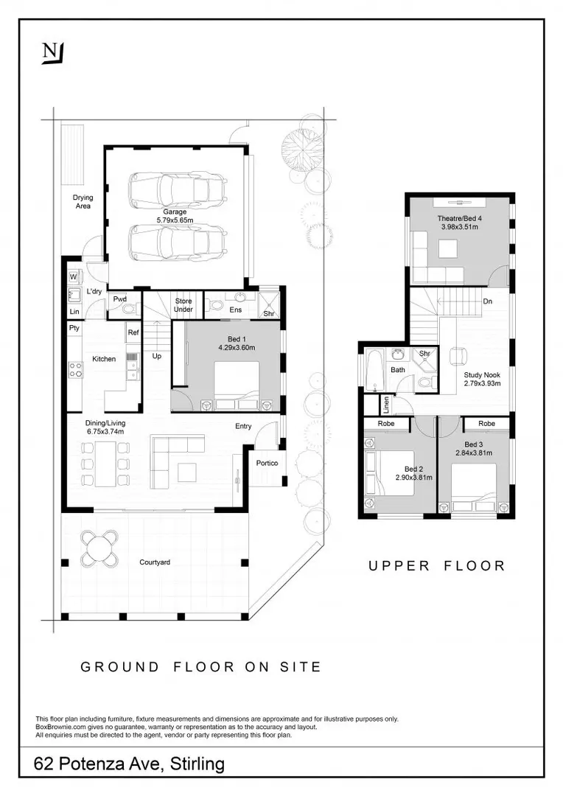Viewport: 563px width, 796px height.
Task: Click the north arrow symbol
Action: (x=53, y=53)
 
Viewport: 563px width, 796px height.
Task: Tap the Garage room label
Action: (x=175, y=212)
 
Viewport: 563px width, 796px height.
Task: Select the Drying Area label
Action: (x=83, y=201)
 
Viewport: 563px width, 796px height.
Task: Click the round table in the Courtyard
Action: (x=99, y=549)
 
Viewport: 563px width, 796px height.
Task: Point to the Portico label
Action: (x=267, y=463)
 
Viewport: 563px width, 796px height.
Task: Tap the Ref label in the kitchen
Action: (x=133, y=332)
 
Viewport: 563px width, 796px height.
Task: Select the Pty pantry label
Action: (x=74, y=328)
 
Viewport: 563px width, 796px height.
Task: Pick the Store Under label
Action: (x=183, y=305)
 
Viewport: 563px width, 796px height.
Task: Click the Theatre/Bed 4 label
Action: (x=459, y=218)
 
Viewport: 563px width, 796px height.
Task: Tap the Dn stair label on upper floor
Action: (x=487, y=301)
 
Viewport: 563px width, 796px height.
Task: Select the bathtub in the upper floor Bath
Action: (x=373, y=369)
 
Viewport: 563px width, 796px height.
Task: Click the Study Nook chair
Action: (x=460, y=357)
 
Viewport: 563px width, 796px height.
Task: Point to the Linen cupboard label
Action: (x=386, y=404)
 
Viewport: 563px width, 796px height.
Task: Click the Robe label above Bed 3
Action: (x=486, y=423)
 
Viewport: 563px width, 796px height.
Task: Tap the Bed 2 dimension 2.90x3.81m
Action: (x=413, y=477)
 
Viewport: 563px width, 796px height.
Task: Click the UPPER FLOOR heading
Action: (x=436, y=566)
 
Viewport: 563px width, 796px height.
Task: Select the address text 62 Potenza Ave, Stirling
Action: (x=129, y=764)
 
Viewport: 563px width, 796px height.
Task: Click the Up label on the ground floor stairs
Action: (x=157, y=357)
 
